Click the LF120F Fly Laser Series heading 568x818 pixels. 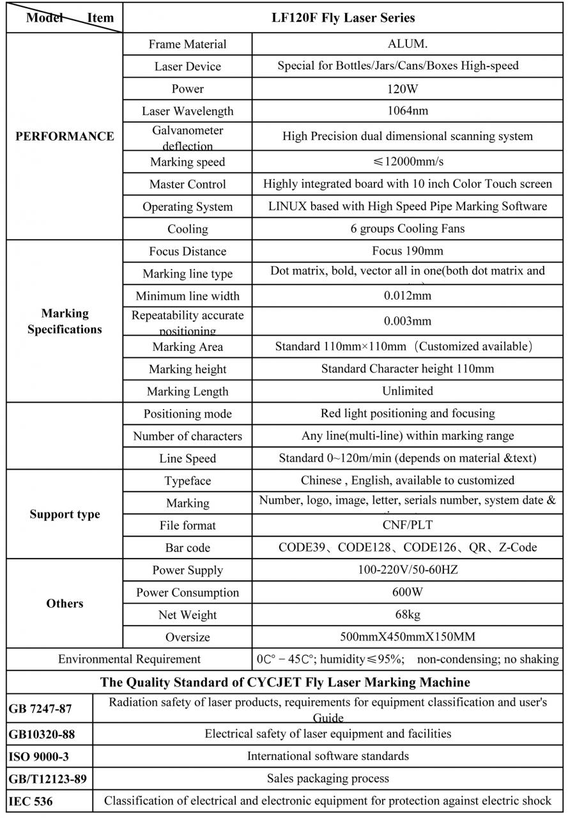343,18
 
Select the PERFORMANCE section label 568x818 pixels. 65,136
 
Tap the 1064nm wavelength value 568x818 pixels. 408,111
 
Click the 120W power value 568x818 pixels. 408,88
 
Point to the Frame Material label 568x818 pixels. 187,44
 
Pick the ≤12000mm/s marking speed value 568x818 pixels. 408,162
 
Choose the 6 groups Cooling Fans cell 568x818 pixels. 408,228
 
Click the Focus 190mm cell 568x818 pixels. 408,251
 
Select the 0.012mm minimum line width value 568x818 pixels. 408,295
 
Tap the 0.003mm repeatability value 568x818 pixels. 408,321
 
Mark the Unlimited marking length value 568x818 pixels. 408,390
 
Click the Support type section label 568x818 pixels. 65,514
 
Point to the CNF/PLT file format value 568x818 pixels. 408,525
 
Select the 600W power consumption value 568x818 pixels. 408,592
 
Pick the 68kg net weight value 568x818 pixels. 408,614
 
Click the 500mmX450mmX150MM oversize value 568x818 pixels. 408,637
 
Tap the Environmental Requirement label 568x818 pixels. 129,658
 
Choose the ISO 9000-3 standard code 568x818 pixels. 39,757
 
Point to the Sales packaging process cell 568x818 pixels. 328,778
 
